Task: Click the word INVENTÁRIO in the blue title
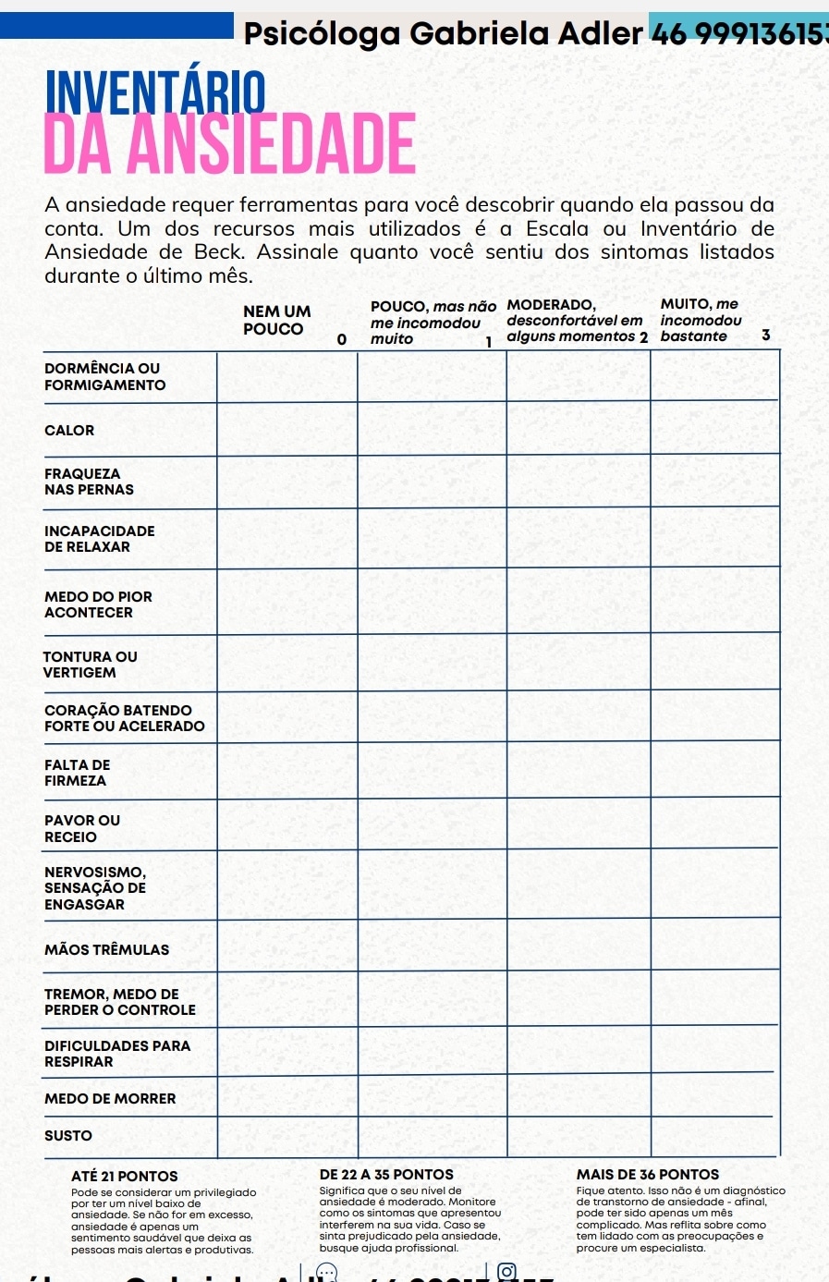pos(155,93)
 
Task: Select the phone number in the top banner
pos(739,34)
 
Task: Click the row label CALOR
pos(69,431)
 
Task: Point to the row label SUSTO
pos(68,1136)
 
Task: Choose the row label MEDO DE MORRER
pos(110,1099)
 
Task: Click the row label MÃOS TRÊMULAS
pos(106,950)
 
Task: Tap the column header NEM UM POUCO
pos(276,320)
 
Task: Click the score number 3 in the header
pos(765,336)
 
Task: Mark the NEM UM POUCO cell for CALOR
pos(286,429)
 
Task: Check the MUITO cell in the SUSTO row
pos(714,1136)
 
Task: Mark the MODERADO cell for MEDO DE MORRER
pos(578,1096)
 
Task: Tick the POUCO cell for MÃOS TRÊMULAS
pos(432,946)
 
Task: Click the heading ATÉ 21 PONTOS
pos(125,1177)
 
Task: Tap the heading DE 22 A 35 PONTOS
pos(386,1175)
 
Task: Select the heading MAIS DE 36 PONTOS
pos(648,1175)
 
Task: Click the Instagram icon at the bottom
pos(506,1273)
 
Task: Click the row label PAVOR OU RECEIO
pos(82,828)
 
